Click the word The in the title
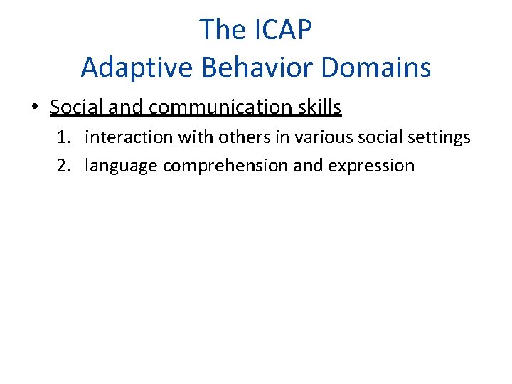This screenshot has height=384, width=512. tap(223, 30)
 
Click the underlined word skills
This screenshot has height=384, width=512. tap(319, 107)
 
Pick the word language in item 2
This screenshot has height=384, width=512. tap(121, 166)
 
